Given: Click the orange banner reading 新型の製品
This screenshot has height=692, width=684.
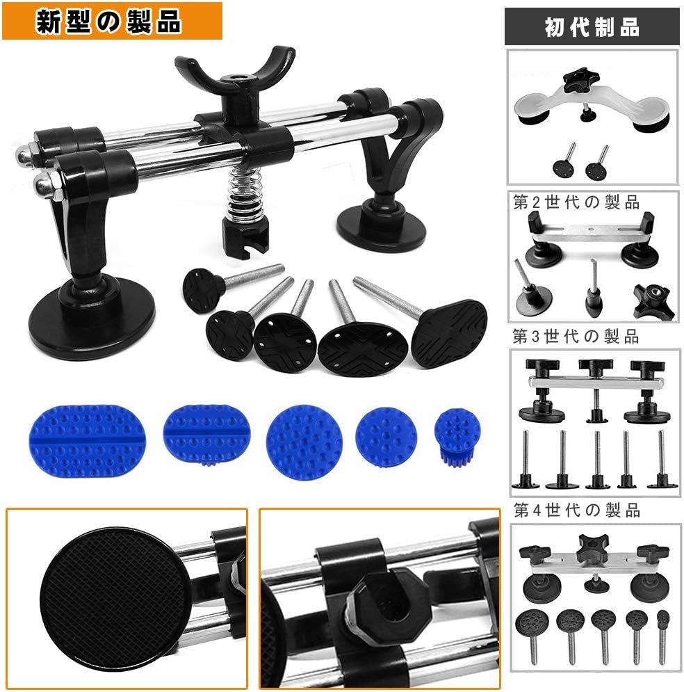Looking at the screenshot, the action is point(112,21).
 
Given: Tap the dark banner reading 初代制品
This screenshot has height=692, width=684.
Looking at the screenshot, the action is point(592,26).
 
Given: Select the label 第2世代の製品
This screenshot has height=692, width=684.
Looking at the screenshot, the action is point(576,202).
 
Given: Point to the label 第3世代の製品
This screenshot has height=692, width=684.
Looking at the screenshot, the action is point(576,337).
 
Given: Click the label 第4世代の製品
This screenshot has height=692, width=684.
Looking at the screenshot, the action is point(577,510).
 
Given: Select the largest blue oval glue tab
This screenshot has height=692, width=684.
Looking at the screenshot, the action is point(88,442).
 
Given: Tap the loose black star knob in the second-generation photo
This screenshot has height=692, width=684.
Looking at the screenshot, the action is point(653,300).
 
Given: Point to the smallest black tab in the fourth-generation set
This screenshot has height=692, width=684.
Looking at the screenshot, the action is point(663,636).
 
